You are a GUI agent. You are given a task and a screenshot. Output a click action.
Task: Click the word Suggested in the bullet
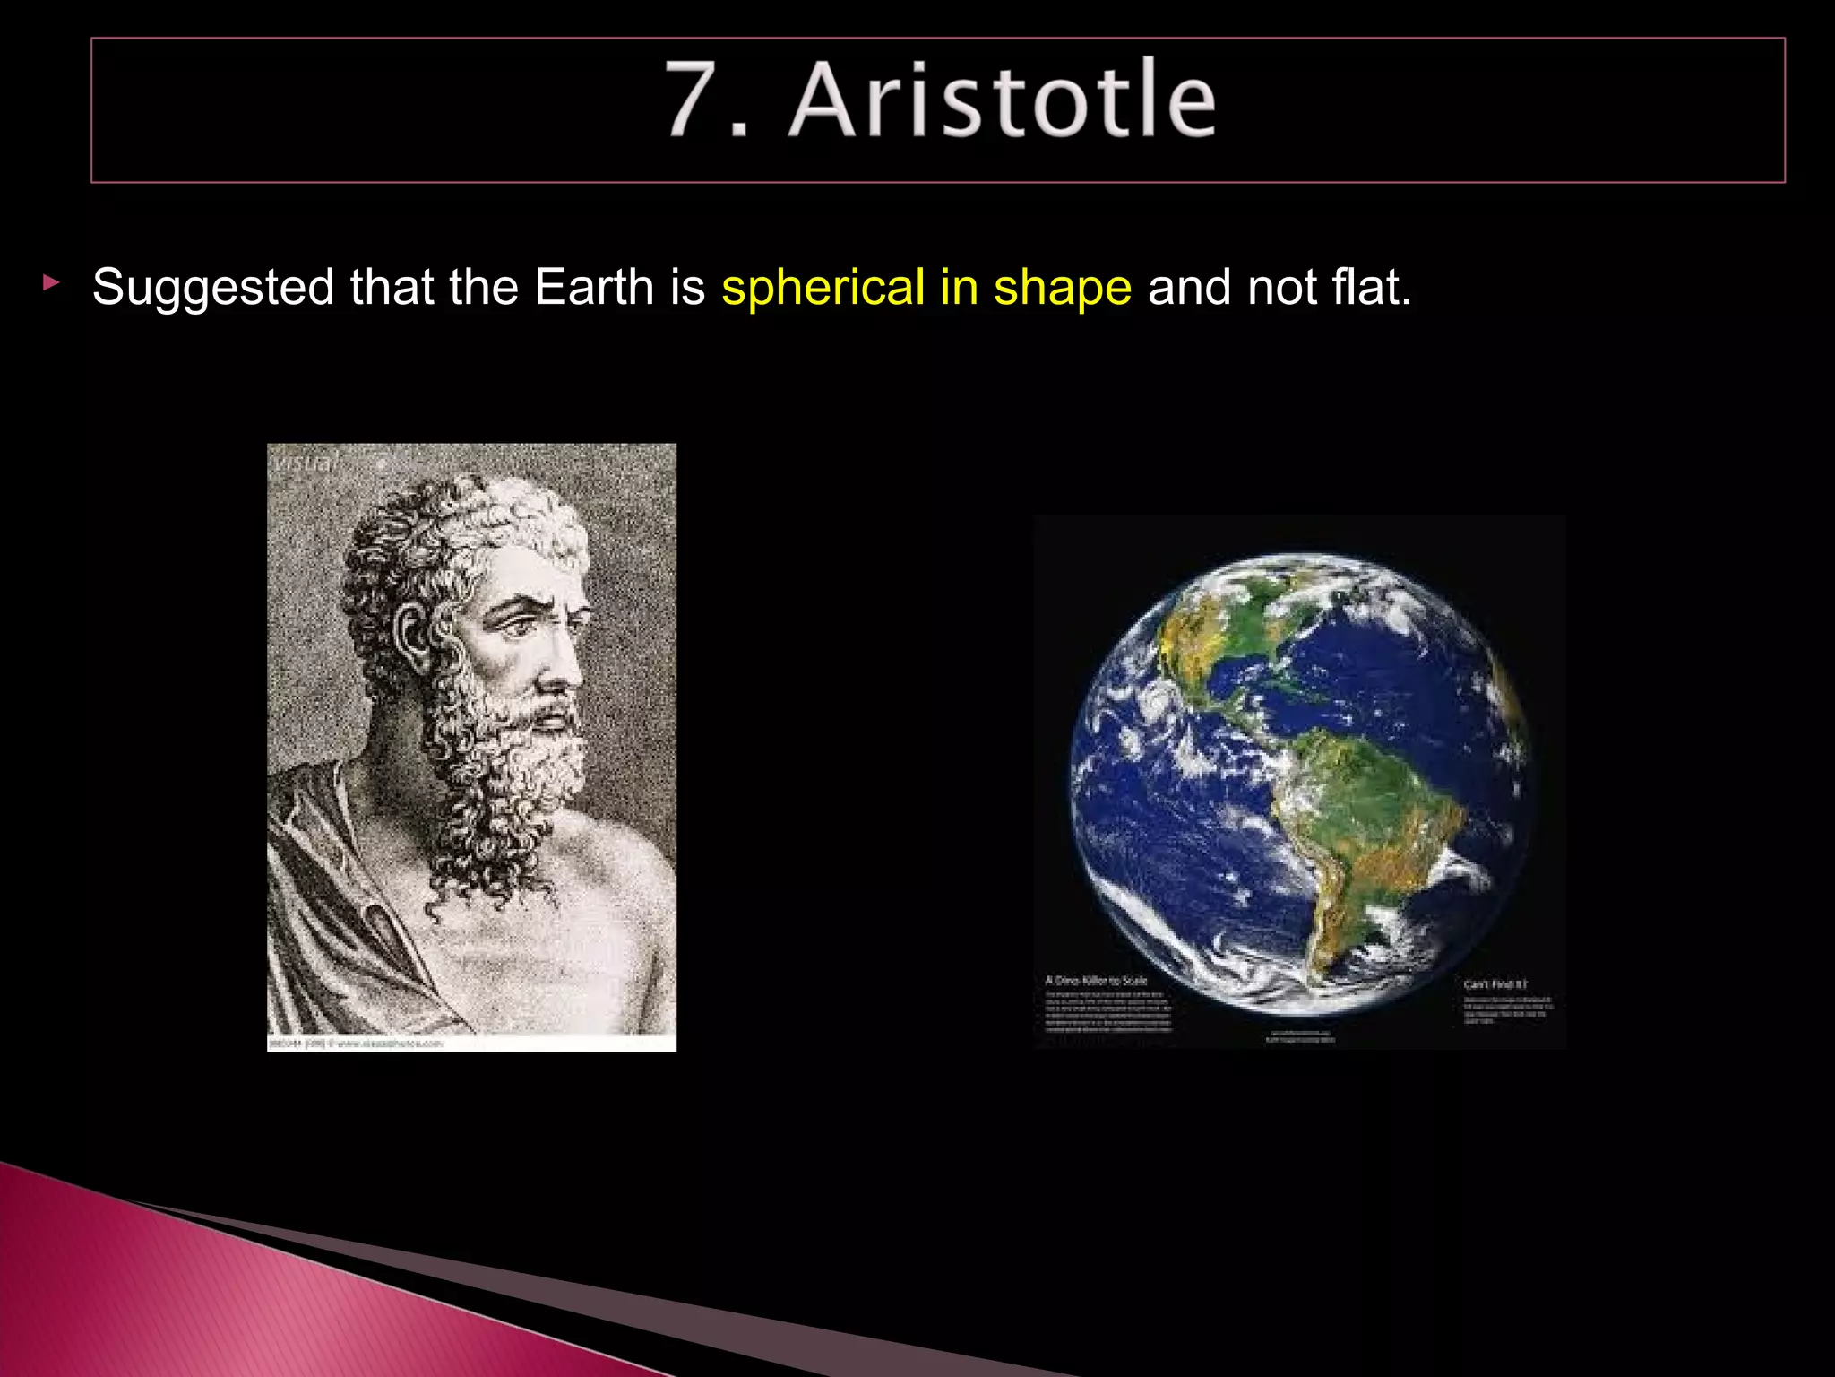pos(213,289)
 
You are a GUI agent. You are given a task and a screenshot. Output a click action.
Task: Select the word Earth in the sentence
pos(594,289)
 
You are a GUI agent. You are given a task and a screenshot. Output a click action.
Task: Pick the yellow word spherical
pos(823,289)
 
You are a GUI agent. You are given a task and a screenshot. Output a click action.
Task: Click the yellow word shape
pos(1063,289)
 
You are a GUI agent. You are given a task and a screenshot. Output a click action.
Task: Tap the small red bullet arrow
pos(51,284)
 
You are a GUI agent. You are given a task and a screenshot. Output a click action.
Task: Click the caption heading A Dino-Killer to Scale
pos(1096,981)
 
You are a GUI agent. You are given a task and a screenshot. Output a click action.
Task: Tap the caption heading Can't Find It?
pos(1495,984)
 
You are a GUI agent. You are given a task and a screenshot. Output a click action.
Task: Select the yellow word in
pos(959,289)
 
